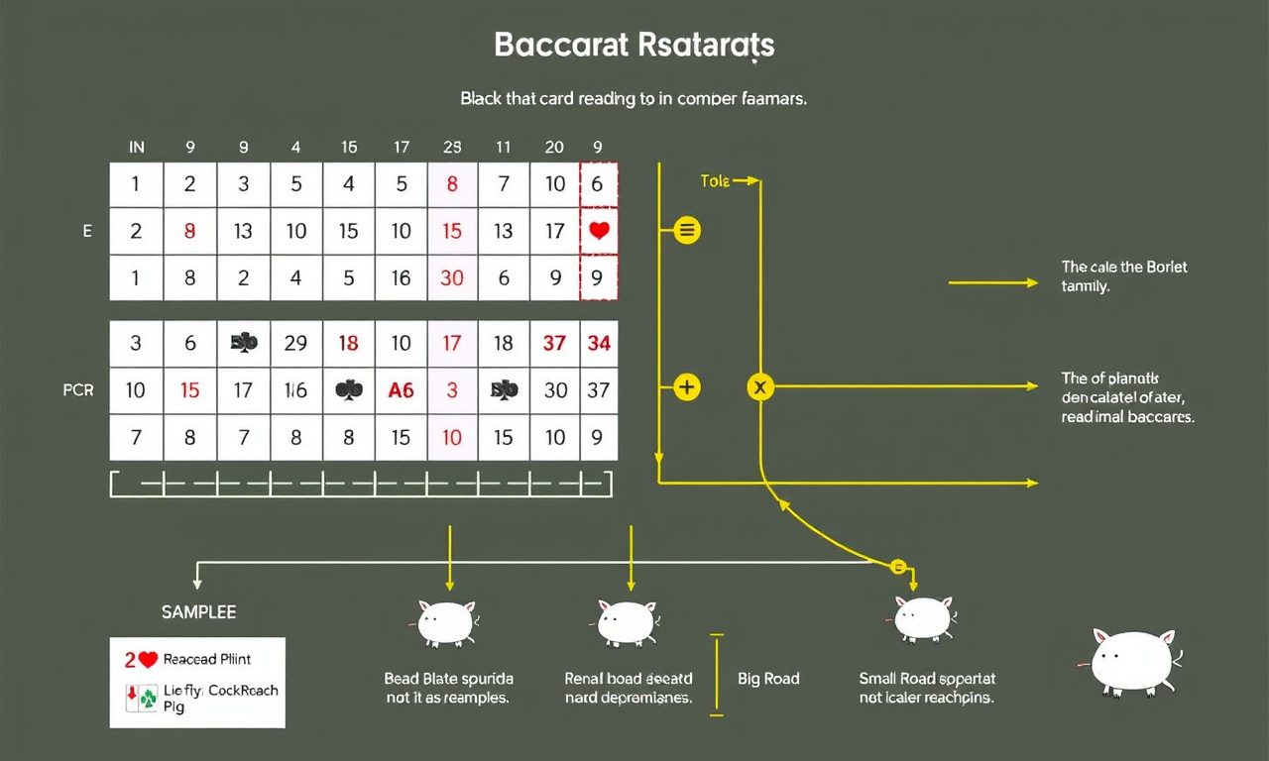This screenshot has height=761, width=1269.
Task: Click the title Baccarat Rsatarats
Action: click(x=634, y=46)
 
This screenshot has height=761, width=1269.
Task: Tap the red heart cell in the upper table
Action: click(x=598, y=231)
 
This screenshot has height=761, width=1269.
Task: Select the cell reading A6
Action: click(x=401, y=390)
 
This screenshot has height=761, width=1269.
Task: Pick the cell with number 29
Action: click(x=295, y=344)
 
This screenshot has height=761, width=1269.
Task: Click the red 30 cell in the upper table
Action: click(x=452, y=278)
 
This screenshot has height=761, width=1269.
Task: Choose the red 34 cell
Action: click(x=598, y=344)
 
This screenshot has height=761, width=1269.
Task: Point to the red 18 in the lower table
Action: click(x=348, y=344)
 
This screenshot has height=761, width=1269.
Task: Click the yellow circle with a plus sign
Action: click(x=686, y=387)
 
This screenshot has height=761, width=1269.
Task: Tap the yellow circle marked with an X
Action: click(x=760, y=387)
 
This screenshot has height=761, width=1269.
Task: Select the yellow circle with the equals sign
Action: click(x=686, y=231)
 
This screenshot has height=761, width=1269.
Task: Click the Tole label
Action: click(x=714, y=181)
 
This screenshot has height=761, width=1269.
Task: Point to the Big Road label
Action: click(x=768, y=679)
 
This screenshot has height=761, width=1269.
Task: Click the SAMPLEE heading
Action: click(x=198, y=612)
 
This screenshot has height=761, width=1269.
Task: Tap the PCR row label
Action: click(x=78, y=390)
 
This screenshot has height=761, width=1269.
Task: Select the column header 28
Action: click(x=452, y=148)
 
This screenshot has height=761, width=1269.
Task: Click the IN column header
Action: click(x=137, y=148)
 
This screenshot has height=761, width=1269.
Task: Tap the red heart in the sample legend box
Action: click(x=149, y=659)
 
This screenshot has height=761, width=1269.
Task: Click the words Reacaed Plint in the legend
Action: click(x=207, y=659)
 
